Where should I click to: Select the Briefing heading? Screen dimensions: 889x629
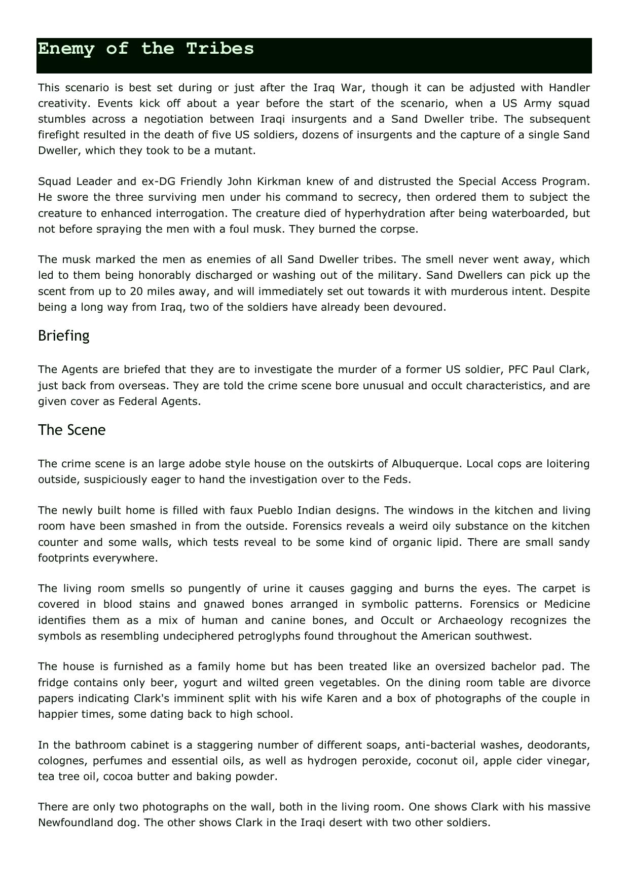(x=64, y=336)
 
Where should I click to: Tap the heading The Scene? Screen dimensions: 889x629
(x=72, y=430)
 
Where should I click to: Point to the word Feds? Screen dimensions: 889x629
(x=395, y=479)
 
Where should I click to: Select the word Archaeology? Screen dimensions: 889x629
(x=470, y=620)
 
